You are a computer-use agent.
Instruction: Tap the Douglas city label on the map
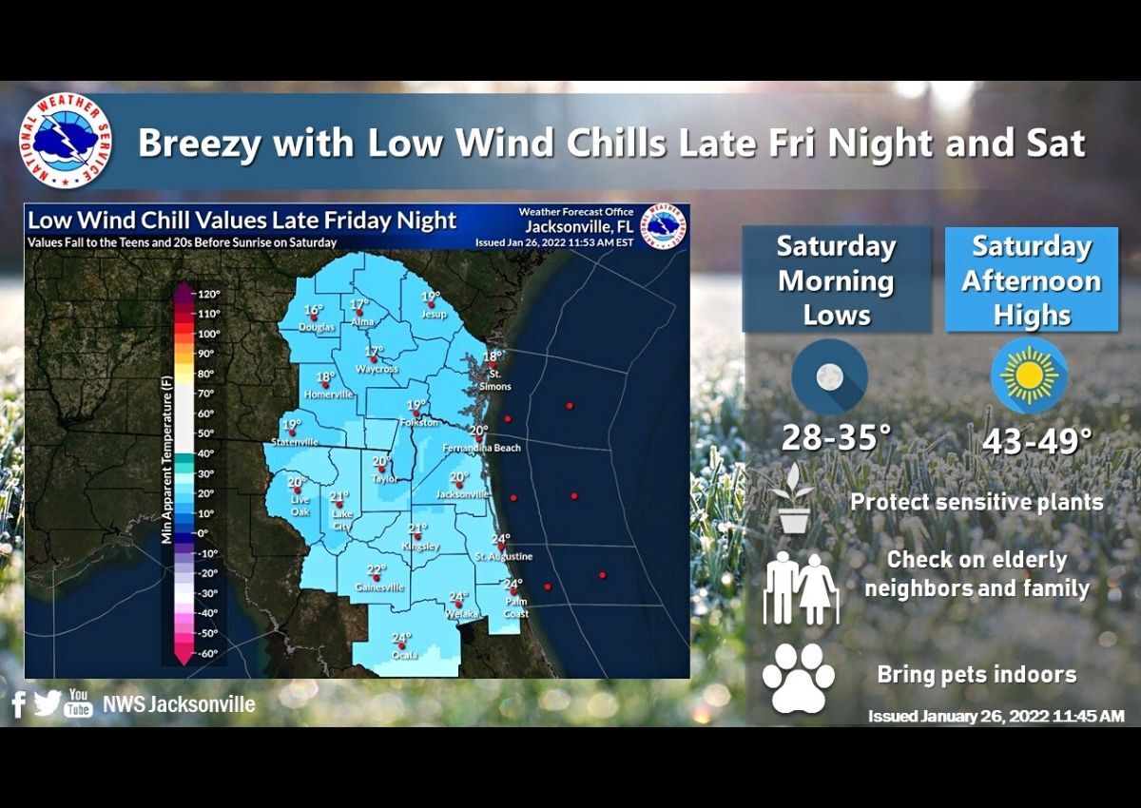point(316,328)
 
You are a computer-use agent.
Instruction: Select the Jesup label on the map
point(434,315)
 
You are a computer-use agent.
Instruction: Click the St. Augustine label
point(504,556)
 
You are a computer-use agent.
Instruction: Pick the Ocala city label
point(401,655)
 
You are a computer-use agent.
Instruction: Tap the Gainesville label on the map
point(379,587)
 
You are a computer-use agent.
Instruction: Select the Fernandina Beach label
point(482,448)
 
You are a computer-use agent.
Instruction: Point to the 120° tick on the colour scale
point(209,295)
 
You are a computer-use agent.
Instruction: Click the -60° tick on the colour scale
point(208,653)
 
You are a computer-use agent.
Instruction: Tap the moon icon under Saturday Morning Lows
point(829,377)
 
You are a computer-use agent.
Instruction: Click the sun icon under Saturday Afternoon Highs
point(1029,377)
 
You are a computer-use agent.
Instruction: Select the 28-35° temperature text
point(836,438)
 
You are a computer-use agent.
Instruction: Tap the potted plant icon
point(794,498)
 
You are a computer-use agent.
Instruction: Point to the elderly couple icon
point(801,587)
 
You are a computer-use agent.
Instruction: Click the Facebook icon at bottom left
point(18,704)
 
